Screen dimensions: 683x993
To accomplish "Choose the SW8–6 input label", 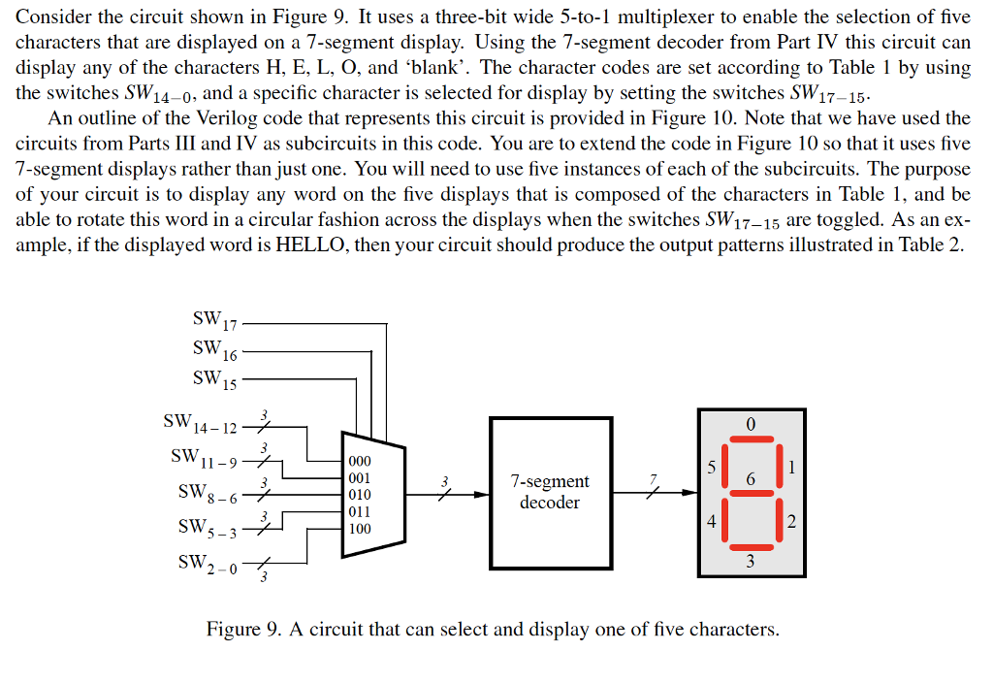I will click(x=207, y=493).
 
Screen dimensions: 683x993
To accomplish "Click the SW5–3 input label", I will click(x=206, y=528).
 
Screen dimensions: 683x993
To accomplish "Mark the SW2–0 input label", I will click(x=206, y=563).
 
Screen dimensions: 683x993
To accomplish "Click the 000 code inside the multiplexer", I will click(x=359, y=463).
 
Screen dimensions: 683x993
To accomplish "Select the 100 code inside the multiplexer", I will click(x=359, y=529).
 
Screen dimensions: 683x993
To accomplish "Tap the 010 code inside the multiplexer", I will click(x=359, y=495).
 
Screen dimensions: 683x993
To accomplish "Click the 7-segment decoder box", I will click(x=550, y=492).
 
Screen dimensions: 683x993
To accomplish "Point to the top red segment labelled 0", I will click(x=750, y=442).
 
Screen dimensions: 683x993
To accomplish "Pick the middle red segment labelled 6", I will click(x=750, y=493).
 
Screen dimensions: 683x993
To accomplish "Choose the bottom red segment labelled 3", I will click(x=750, y=544).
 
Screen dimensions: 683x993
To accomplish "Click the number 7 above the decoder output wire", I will click(x=655, y=477).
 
